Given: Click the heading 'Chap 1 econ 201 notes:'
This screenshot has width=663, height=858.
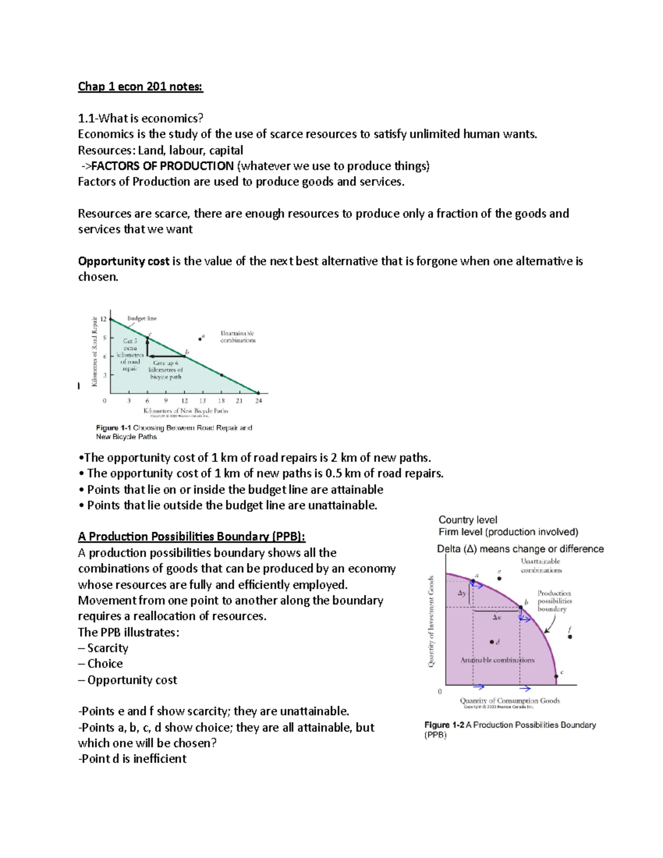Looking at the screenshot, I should tap(140, 86).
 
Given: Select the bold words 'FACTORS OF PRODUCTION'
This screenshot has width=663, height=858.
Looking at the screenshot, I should tap(162, 166).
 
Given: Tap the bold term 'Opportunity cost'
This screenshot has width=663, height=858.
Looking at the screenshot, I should tap(123, 261).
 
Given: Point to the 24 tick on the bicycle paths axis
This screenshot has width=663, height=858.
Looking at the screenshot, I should tap(259, 401).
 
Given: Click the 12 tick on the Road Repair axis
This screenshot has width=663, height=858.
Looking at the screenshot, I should tap(103, 319).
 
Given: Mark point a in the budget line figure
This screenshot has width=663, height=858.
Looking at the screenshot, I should tap(200, 339).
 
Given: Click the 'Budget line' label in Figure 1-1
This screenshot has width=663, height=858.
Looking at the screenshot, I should tap(142, 318).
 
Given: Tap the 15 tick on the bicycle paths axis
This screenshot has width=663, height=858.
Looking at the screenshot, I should tap(203, 401).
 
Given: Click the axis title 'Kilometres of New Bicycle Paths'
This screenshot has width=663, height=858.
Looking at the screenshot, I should tap(186, 410).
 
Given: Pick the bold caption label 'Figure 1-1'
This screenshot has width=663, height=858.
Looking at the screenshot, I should tap(113, 428).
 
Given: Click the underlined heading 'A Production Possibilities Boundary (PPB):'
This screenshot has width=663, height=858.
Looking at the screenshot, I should tap(191, 536).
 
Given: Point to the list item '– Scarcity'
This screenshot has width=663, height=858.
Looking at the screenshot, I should tap(103, 648).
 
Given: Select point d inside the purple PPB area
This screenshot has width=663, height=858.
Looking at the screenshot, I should tap(491, 642).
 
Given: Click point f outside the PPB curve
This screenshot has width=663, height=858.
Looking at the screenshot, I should tap(570, 636).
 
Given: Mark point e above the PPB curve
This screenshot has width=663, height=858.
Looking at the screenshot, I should tap(499, 578).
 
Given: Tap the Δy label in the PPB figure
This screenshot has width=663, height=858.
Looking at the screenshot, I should tap(462, 593).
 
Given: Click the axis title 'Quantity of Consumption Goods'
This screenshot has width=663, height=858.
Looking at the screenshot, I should tap(510, 700).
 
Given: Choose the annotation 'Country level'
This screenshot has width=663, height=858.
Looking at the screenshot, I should tap(467, 520).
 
